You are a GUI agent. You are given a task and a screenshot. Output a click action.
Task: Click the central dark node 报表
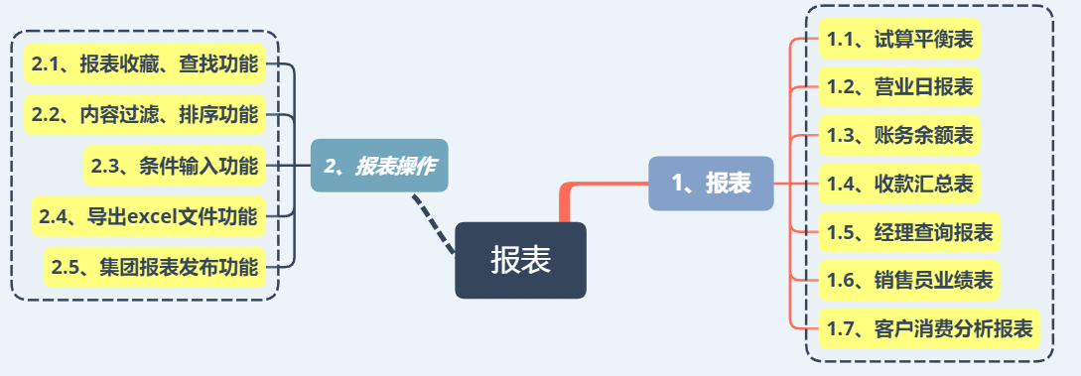point(520,260)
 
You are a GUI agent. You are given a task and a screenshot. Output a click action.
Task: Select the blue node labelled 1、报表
point(711,184)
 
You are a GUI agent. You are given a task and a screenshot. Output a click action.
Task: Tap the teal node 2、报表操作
point(379,166)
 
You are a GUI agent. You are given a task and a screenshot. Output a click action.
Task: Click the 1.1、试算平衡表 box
point(899,40)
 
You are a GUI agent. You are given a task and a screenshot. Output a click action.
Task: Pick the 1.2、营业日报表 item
point(899,87)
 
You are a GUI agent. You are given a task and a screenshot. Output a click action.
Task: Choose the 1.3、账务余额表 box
point(899,136)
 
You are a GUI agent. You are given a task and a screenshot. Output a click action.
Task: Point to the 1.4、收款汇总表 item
point(899,184)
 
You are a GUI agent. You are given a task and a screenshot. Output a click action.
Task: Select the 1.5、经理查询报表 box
point(909,232)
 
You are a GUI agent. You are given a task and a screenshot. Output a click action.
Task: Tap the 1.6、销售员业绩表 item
point(909,281)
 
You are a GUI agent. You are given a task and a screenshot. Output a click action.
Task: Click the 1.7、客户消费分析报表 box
point(929,328)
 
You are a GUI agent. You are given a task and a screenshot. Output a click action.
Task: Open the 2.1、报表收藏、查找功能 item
point(145,64)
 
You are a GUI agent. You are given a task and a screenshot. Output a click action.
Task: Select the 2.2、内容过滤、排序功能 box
point(145,115)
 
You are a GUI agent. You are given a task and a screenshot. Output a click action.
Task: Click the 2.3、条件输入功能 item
point(175,166)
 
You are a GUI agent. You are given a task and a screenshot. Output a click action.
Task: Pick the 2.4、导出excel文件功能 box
point(149,216)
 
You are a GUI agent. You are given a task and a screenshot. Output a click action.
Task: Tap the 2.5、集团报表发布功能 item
point(155,267)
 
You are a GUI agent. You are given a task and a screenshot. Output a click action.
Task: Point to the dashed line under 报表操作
point(435,224)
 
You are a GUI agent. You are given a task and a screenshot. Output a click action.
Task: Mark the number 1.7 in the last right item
point(840,329)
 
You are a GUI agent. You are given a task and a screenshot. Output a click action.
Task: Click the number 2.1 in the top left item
point(45,65)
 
